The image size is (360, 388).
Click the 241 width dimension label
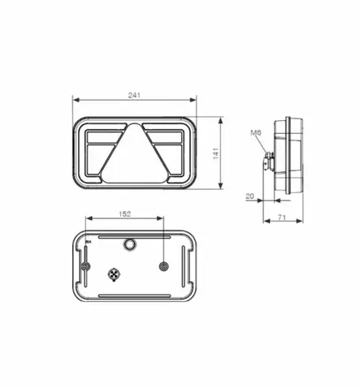point(134,95)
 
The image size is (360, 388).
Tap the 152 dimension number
point(124,213)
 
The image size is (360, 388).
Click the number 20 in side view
point(249,194)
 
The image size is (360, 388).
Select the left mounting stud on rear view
point(85,265)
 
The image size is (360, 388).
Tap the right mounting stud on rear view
point(164,265)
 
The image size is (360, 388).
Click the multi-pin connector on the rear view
point(114,274)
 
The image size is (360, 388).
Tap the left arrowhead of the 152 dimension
point(88,219)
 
